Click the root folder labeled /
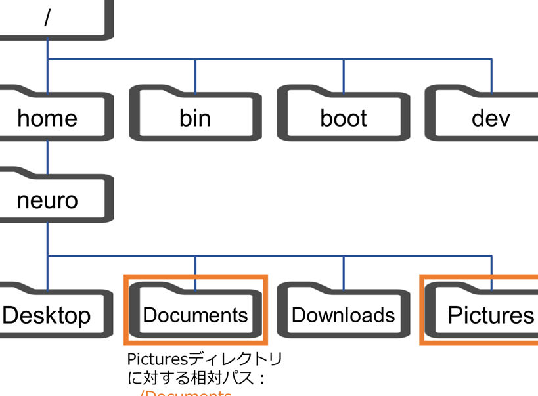pyautogui.click(x=47, y=18)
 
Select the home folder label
pyautogui.click(x=47, y=118)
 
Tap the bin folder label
pyautogui.click(x=195, y=118)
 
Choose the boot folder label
pyautogui.click(x=344, y=118)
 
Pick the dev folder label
pyautogui.click(x=491, y=118)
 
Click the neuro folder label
pyautogui.click(x=47, y=200)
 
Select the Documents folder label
pyautogui.click(x=195, y=315)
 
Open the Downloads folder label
pyautogui.click(x=344, y=315)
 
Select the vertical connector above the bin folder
pyautogui.click(x=195, y=72)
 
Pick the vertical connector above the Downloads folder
pyautogui.click(x=344, y=269)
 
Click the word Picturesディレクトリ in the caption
pyautogui.click(x=204, y=359)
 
